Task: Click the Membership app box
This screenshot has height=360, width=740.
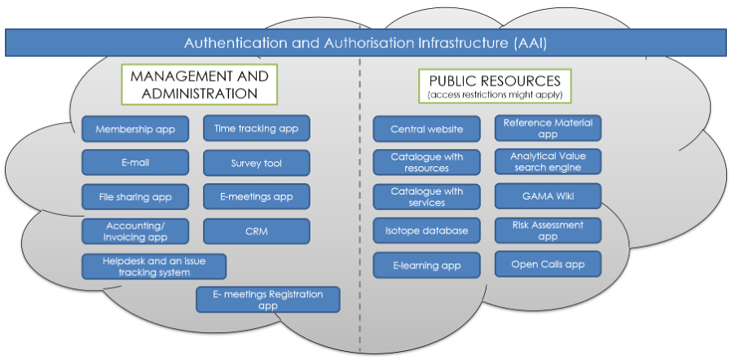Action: [135, 129]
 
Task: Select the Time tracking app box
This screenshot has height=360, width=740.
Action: [256, 128]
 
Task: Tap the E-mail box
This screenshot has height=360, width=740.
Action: [135, 163]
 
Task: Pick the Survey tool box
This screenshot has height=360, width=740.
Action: [256, 163]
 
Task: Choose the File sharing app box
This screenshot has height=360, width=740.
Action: [135, 196]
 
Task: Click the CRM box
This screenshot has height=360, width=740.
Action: [256, 230]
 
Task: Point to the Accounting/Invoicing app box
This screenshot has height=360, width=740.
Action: [135, 230]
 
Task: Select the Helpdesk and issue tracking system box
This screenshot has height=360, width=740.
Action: [154, 266]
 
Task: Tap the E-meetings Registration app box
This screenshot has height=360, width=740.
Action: [267, 300]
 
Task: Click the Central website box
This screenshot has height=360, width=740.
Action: [426, 129]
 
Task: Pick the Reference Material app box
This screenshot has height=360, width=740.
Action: [548, 128]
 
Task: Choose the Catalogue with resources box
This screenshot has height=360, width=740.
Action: [426, 162]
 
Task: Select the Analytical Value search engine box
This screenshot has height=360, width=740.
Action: [548, 161]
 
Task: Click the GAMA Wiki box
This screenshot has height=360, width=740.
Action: [548, 196]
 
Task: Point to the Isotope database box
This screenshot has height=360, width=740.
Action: [426, 230]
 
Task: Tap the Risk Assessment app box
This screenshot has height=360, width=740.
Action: [548, 230]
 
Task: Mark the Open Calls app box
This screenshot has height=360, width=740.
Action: [548, 264]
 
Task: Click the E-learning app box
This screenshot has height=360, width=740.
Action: [426, 265]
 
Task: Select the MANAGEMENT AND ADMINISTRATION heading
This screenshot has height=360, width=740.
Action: [199, 85]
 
